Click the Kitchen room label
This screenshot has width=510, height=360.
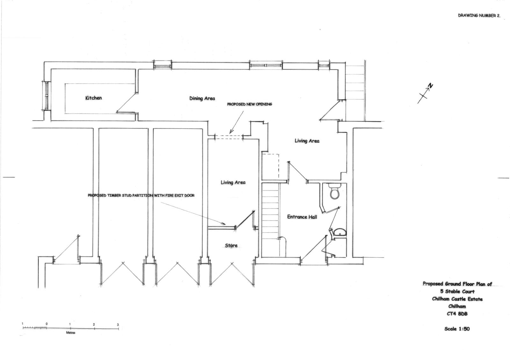click(93, 98)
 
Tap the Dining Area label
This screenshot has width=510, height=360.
click(202, 98)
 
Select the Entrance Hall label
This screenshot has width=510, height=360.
click(302, 217)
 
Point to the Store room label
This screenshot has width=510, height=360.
click(231, 246)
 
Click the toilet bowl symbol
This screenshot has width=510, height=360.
click(335, 191)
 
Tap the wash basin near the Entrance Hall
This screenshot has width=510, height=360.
click(340, 233)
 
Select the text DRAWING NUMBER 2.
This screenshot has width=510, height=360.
click(479, 16)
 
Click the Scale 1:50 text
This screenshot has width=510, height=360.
click(457, 329)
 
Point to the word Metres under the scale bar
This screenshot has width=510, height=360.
click(70, 333)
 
